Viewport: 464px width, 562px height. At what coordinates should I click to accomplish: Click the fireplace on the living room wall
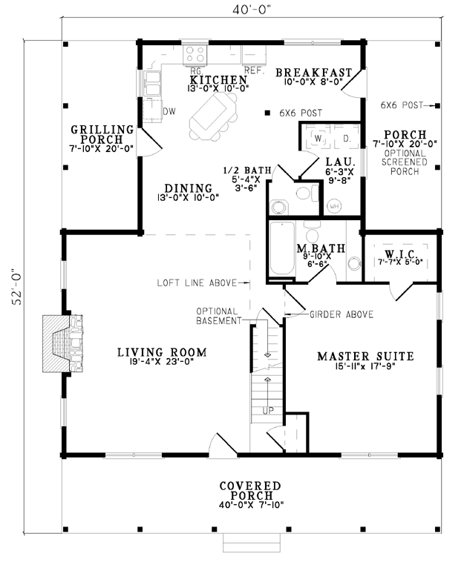pos(63,344)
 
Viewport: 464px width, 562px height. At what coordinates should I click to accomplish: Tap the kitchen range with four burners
pos(195,55)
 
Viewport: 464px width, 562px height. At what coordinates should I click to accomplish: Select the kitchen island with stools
pos(213,116)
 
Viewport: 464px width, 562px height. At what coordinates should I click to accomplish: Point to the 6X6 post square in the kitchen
pos(267,113)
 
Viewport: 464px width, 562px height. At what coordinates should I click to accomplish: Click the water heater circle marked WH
pos(335,206)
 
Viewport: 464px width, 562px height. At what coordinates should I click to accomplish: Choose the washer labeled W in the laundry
pos(318,138)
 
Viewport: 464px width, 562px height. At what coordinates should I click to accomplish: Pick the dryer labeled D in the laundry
pos(347,138)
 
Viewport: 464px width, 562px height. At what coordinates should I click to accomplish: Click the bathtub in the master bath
pos(282,248)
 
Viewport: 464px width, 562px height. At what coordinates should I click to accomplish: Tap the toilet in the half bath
pos(307,193)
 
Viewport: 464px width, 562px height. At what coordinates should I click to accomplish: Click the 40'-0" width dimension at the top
pos(251,10)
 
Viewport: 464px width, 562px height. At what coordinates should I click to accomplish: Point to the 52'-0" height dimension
pos(17,287)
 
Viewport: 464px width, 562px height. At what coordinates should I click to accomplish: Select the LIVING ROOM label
pos(162,352)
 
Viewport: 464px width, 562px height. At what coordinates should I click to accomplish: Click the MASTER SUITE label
pos(366,357)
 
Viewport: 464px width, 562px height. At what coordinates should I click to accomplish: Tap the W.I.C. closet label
pos(401,254)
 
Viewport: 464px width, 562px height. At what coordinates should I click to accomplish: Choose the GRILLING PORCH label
pos(102,134)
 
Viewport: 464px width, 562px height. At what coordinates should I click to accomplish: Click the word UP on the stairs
pos(268,411)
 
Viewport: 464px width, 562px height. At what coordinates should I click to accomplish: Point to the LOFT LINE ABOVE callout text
pos(197,282)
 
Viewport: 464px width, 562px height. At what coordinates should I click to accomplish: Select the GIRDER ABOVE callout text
pos(342,314)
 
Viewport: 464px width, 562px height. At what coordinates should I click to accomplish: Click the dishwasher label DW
pos(169,111)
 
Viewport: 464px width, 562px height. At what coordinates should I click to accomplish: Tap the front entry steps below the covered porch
pos(251,542)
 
